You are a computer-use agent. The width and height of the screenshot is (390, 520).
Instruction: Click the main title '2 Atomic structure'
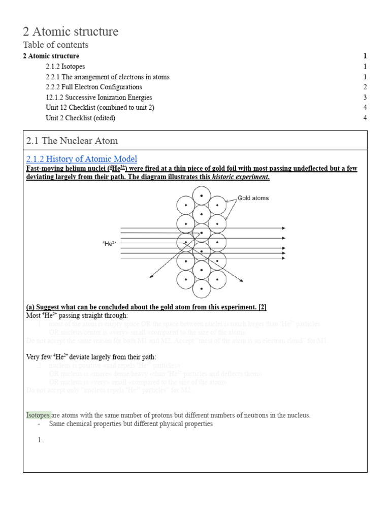point(71,31)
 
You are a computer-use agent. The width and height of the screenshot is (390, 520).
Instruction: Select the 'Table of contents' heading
point(56,45)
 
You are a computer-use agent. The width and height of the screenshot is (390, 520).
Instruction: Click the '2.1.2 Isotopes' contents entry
point(65,67)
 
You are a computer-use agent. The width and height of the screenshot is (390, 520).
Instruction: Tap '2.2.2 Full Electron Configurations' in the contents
point(93,87)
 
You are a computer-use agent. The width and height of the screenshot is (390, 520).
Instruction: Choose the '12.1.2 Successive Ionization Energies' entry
point(99,97)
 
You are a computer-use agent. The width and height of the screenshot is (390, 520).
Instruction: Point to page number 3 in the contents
point(365,97)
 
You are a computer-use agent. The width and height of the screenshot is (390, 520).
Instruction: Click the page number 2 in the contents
point(365,87)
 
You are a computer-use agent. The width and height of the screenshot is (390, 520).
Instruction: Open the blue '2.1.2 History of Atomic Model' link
point(81,159)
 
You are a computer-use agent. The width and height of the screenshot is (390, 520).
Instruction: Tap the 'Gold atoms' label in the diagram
point(253,198)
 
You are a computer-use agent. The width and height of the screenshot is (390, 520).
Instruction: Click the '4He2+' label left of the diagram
point(109,244)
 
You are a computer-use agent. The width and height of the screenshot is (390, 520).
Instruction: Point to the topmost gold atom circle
point(202,196)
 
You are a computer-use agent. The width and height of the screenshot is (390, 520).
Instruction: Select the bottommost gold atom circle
point(202,288)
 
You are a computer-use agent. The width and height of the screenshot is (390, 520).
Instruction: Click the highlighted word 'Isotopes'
point(39,415)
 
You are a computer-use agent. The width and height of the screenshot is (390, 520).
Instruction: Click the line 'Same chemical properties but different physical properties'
point(131,424)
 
